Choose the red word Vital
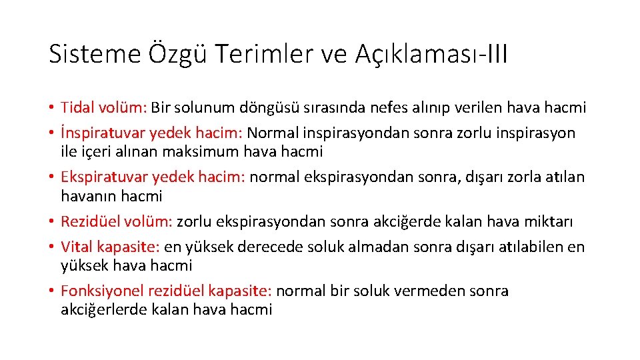75,247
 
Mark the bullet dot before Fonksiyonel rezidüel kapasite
51,291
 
